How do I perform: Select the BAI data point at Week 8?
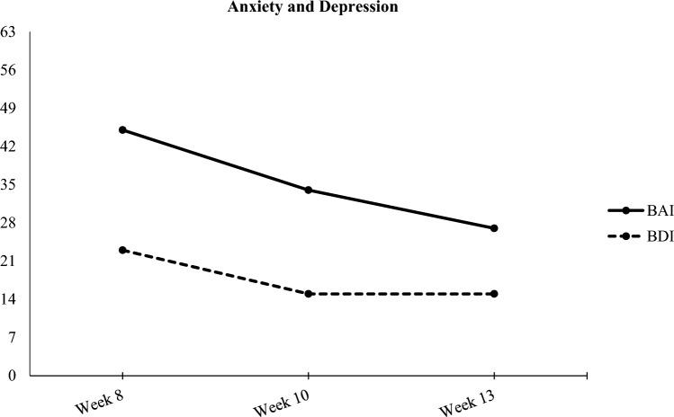pyautogui.click(x=122, y=129)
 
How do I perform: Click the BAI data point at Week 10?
pyautogui.click(x=309, y=190)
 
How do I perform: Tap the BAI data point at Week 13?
pyautogui.click(x=494, y=228)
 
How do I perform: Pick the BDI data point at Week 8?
pyautogui.click(x=122, y=250)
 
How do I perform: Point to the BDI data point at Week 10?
pyautogui.click(x=309, y=294)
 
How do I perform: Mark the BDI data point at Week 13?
pyautogui.click(x=494, y=294)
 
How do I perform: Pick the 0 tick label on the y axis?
pyautogui.click(x=12, y=376)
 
